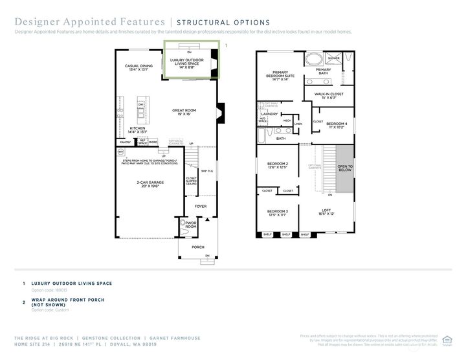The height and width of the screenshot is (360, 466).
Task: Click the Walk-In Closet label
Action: click(x=329, y=96)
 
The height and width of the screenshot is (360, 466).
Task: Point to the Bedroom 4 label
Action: click(x=337, y=125)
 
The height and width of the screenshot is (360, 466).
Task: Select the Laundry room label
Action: click(x=269, y=114)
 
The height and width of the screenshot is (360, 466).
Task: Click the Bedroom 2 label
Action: click(x=277, y=166)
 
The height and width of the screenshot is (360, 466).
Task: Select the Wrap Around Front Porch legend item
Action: click(x=67, y=302)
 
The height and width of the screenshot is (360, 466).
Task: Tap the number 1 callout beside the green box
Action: click(x=225, y=46)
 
